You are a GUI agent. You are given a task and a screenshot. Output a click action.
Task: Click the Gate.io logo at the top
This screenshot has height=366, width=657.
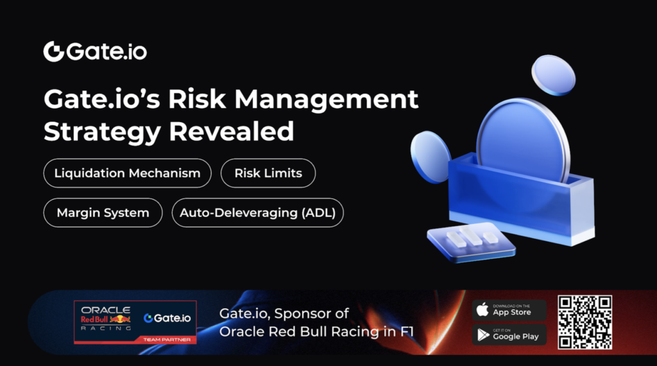click(95, 51)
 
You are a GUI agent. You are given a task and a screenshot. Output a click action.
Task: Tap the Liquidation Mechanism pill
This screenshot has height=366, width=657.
click(128, 173)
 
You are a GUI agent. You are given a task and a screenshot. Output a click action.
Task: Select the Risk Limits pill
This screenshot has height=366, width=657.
click(268, 173)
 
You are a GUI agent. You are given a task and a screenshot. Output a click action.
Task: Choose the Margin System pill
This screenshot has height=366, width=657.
click(103, 213)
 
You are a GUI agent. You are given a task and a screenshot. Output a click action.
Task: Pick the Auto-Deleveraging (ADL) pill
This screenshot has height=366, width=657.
click(258, 213)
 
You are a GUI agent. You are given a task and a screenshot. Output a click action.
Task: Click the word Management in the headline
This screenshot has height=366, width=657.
click(327, 100)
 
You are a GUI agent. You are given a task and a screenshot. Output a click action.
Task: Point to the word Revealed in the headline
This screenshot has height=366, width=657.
click(231, 131)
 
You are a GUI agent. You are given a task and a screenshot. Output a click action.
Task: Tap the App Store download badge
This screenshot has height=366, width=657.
click(509, 310)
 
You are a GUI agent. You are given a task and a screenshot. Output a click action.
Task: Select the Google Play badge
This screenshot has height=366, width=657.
click(509, 335)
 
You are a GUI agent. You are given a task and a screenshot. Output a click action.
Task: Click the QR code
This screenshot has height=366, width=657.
click(584, 322)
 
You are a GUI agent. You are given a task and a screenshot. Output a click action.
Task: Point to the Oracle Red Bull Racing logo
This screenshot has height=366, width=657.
click(106, 318)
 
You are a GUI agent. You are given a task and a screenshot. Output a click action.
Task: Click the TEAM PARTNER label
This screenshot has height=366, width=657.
click(167, 340)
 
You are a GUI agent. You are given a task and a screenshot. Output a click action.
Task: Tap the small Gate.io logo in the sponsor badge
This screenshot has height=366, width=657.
click(167, 318)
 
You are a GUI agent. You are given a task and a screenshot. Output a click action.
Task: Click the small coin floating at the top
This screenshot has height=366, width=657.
click(554, 75)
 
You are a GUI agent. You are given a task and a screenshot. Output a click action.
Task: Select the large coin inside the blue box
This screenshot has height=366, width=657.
click(523, 143)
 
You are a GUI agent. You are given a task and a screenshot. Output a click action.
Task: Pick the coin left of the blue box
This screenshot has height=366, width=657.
click(431, 157)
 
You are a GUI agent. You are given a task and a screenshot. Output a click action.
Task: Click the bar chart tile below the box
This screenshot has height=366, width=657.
click(472, 242)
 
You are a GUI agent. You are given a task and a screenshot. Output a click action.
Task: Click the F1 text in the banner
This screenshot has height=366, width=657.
click(406, 331)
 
